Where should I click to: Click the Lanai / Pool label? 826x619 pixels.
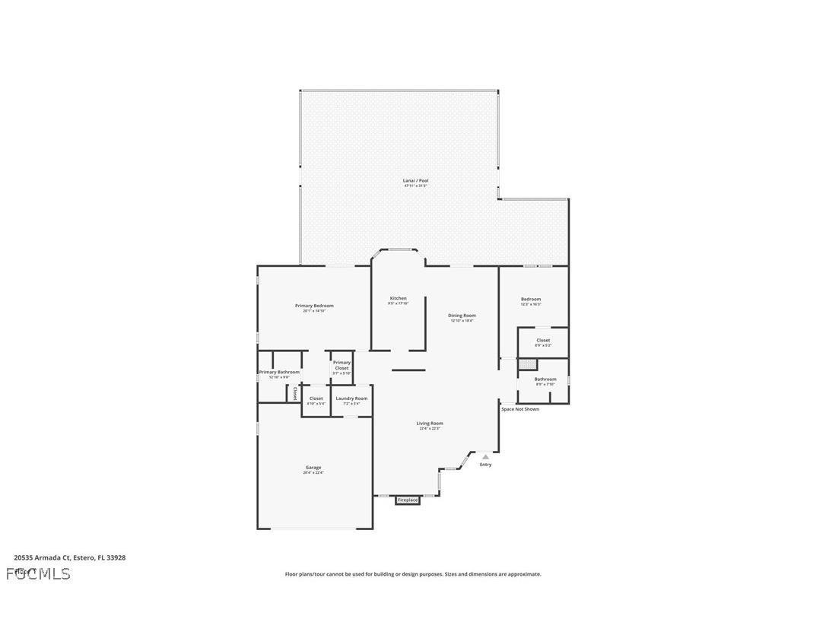point(415,181)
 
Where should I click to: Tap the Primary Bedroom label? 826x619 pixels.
point(314,306)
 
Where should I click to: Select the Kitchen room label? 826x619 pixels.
point(399,298)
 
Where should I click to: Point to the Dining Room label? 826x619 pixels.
point(462,316)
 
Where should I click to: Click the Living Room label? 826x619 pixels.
point(430,424)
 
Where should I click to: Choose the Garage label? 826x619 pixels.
point(313,468)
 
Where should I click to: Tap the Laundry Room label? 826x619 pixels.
point(351,398)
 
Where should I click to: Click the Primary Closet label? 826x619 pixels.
point(342,365)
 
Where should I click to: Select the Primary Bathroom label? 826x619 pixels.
point(279,373)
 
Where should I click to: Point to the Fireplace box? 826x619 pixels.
point(408,500)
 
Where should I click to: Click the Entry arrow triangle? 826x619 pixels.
point(485,456)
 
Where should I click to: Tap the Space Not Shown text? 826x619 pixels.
point(520,409)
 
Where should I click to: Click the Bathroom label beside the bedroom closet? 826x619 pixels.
point(545,379)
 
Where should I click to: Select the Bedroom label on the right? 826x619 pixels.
point(531,299)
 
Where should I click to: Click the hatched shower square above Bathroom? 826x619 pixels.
point(527,363)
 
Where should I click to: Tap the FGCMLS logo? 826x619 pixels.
point(38,573)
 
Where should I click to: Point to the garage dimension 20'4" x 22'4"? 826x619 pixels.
point(313,473)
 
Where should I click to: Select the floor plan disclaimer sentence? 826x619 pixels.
point(413,574)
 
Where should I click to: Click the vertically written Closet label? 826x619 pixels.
point(295,394)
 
